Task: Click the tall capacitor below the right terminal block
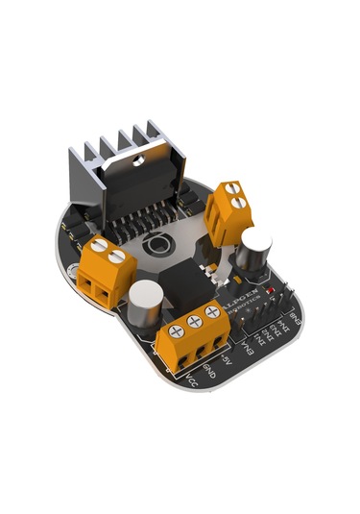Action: (257, 252)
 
